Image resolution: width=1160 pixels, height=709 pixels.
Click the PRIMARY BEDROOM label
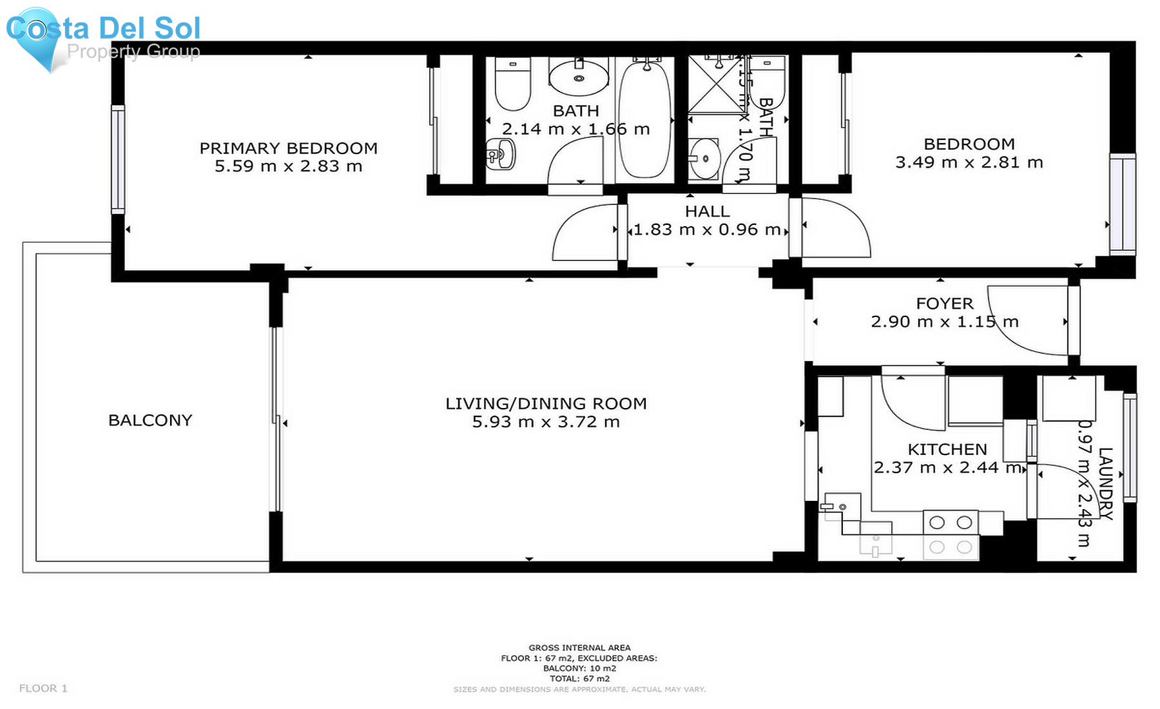(288, 148)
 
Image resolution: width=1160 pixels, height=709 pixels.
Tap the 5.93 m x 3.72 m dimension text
(546, 422)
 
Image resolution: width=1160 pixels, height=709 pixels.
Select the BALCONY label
(150, 420)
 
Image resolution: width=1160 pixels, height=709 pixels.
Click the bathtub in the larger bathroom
(644, 119)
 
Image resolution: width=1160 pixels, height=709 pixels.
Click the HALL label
(707, 211)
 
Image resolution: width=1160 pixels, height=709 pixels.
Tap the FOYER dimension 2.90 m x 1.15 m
(944, 322)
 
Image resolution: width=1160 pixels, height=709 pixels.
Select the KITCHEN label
(947, 449)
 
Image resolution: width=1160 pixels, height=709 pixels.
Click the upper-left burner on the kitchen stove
(937, 523)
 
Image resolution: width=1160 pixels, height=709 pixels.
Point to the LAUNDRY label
(1105, 483)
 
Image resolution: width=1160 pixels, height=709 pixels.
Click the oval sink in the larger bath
(579, 78)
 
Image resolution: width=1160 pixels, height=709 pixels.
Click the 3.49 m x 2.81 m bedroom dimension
(969, 162)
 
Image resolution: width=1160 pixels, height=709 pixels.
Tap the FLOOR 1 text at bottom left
(43, 688)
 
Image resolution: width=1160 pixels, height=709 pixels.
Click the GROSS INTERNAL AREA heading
(579, 648)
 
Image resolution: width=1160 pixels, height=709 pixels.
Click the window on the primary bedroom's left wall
(118, 159)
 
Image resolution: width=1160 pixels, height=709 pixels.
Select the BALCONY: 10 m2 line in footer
(579, 668)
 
